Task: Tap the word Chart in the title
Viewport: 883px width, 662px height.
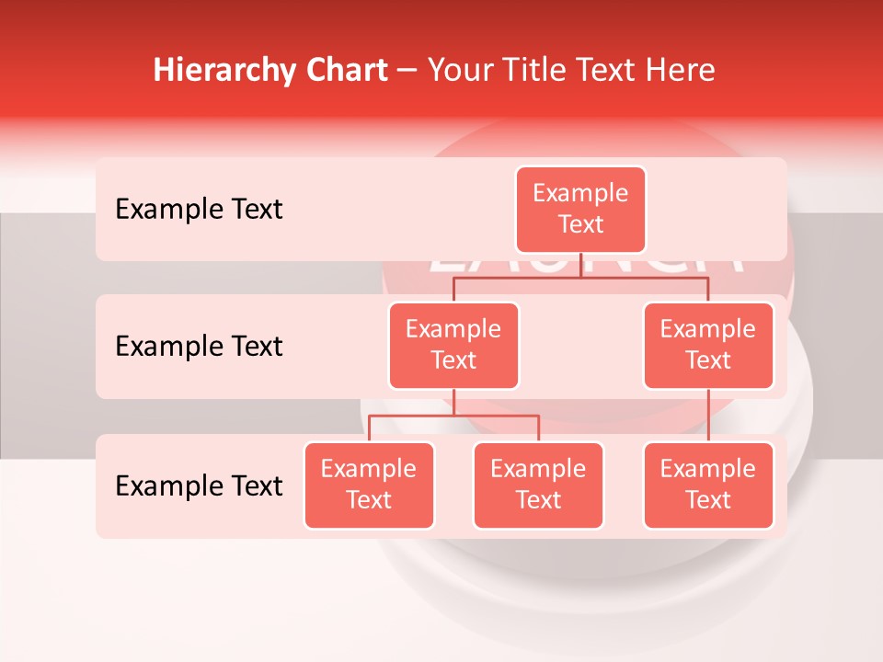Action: (342, 71)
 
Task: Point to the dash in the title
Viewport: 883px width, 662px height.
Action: (407, 71)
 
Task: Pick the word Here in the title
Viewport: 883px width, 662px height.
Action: (681, 71)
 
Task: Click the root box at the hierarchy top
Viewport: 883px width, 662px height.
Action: (580, 209)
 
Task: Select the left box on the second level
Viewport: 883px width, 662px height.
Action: (453, 345)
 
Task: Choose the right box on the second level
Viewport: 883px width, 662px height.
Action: (708, 345)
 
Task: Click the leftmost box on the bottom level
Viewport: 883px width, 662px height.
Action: (369, 485)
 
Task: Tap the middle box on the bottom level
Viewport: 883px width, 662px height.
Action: (538, 485)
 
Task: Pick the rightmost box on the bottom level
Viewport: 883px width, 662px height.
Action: (708, 485)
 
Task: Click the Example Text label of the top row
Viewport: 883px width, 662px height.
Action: (199, 210)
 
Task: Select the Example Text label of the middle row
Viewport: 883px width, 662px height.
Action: (199, 347)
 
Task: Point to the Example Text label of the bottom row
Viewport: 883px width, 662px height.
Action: (199, 485)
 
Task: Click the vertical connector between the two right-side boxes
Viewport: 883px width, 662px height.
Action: (708, 416)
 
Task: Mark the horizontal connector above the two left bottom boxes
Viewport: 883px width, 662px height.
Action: (453, 416)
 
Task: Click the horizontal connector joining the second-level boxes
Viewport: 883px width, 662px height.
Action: (580, 278)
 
